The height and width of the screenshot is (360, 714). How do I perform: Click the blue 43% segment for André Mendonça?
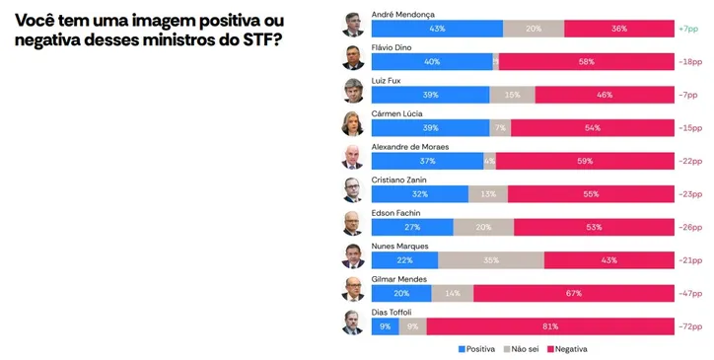tap(437, 29)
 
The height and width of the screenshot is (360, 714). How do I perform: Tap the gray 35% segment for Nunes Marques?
tap(491, 260)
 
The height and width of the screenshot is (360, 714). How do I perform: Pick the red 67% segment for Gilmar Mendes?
tap(573, 293)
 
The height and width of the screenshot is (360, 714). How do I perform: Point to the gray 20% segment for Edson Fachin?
tap(483, 227)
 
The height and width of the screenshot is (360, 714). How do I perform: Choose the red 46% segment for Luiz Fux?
tap(604, 95)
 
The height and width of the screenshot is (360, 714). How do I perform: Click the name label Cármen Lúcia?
tap(396, 113)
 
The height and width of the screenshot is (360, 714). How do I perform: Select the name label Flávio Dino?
tap(393, 47)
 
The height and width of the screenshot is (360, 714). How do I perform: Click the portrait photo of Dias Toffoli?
tap(353, 323)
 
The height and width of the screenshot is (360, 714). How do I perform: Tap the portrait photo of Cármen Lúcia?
tap(353, 123)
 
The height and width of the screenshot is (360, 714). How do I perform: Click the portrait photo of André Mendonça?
tap(353, 24)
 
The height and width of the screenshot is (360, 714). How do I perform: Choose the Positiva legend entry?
tap(476, 349)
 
